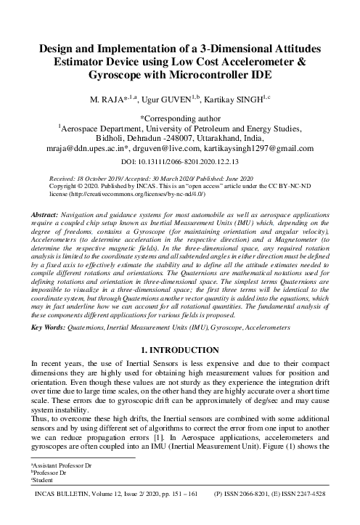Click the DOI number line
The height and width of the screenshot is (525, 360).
click(x=180, y=161)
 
